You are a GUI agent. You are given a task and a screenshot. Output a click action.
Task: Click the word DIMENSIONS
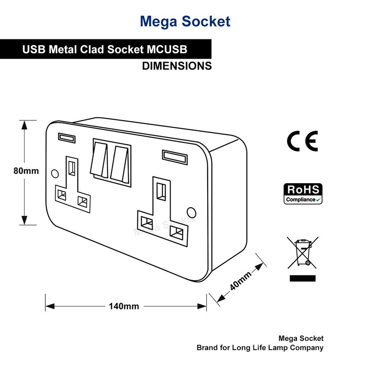click(x=177, y=66)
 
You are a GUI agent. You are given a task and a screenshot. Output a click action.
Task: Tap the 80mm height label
click(x=25, y=171)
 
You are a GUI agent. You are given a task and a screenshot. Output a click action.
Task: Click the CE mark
click(x=302, y=142)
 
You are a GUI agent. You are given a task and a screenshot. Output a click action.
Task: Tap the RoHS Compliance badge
click(x=303, y=194)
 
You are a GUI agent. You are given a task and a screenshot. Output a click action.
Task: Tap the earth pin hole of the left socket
click(x=72, y=168)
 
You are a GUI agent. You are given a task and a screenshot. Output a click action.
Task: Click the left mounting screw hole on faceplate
click(x=54, y=173)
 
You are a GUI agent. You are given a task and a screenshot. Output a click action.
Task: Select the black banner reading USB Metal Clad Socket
click(x=106, y=49)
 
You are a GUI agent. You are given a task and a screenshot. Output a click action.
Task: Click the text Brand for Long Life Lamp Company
click(x=259, y=347)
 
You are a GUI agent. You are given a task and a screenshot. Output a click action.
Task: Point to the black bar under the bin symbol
click(x=302, y=278)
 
